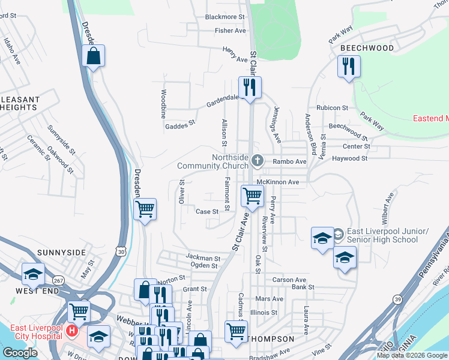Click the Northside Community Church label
(212, 161)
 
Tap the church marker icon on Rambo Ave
(258, 160)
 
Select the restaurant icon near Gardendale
(249, 87)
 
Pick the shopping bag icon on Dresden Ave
(93, 56)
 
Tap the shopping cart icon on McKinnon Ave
(252, 196)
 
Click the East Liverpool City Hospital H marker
(72, 331)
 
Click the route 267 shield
(58, 281)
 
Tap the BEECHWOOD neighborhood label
(367, 48)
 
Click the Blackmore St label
(225, 17)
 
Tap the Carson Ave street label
(289, 280)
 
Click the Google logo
(20, 353)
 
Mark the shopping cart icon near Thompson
(236, 330)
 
